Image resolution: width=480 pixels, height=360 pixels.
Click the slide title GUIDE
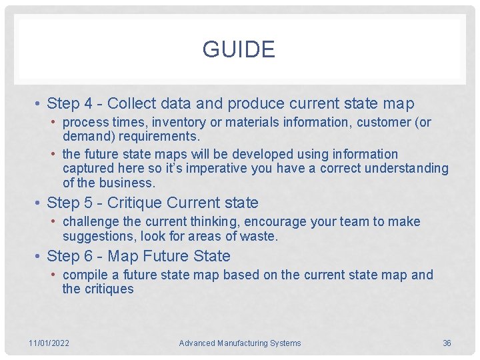239,50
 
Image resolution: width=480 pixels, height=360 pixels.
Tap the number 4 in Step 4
88,104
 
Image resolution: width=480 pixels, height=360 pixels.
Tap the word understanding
407,169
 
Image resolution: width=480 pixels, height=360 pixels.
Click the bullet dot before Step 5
39,203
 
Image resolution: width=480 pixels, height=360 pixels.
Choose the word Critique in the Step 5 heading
135,203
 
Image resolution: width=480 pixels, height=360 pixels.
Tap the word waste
262,236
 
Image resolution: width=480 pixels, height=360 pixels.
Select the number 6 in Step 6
88,257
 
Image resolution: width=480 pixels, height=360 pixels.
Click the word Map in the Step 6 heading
123,257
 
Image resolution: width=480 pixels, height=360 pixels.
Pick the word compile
85,275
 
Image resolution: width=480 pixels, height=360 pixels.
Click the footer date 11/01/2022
49,343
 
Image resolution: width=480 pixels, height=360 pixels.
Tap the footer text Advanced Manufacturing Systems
240,343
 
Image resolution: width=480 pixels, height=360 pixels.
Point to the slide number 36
447,343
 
